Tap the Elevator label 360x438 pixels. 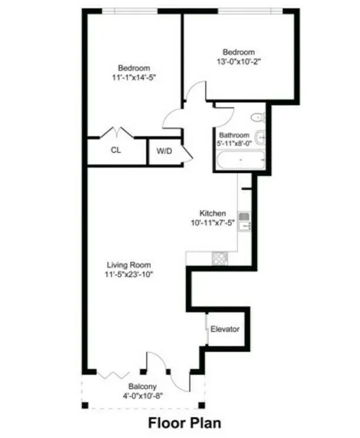(x=225, y=329)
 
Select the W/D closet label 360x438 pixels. (x=165, y=151)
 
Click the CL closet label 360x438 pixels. (x=116, y=150)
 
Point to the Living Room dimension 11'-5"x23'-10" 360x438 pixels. (x=129, y=275)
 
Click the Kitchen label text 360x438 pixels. (x=212, y=213)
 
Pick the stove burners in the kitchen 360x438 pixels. (x=221, y=258)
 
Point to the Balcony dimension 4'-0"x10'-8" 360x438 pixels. (x=143, y=396)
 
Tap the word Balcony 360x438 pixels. (x=143, y=386)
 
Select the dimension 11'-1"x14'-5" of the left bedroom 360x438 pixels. (x=134, y=77)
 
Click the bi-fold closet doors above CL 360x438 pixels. (x=116, y=132)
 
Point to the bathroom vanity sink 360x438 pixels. (x=261, y=139)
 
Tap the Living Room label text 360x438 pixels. (x=129, y=265)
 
